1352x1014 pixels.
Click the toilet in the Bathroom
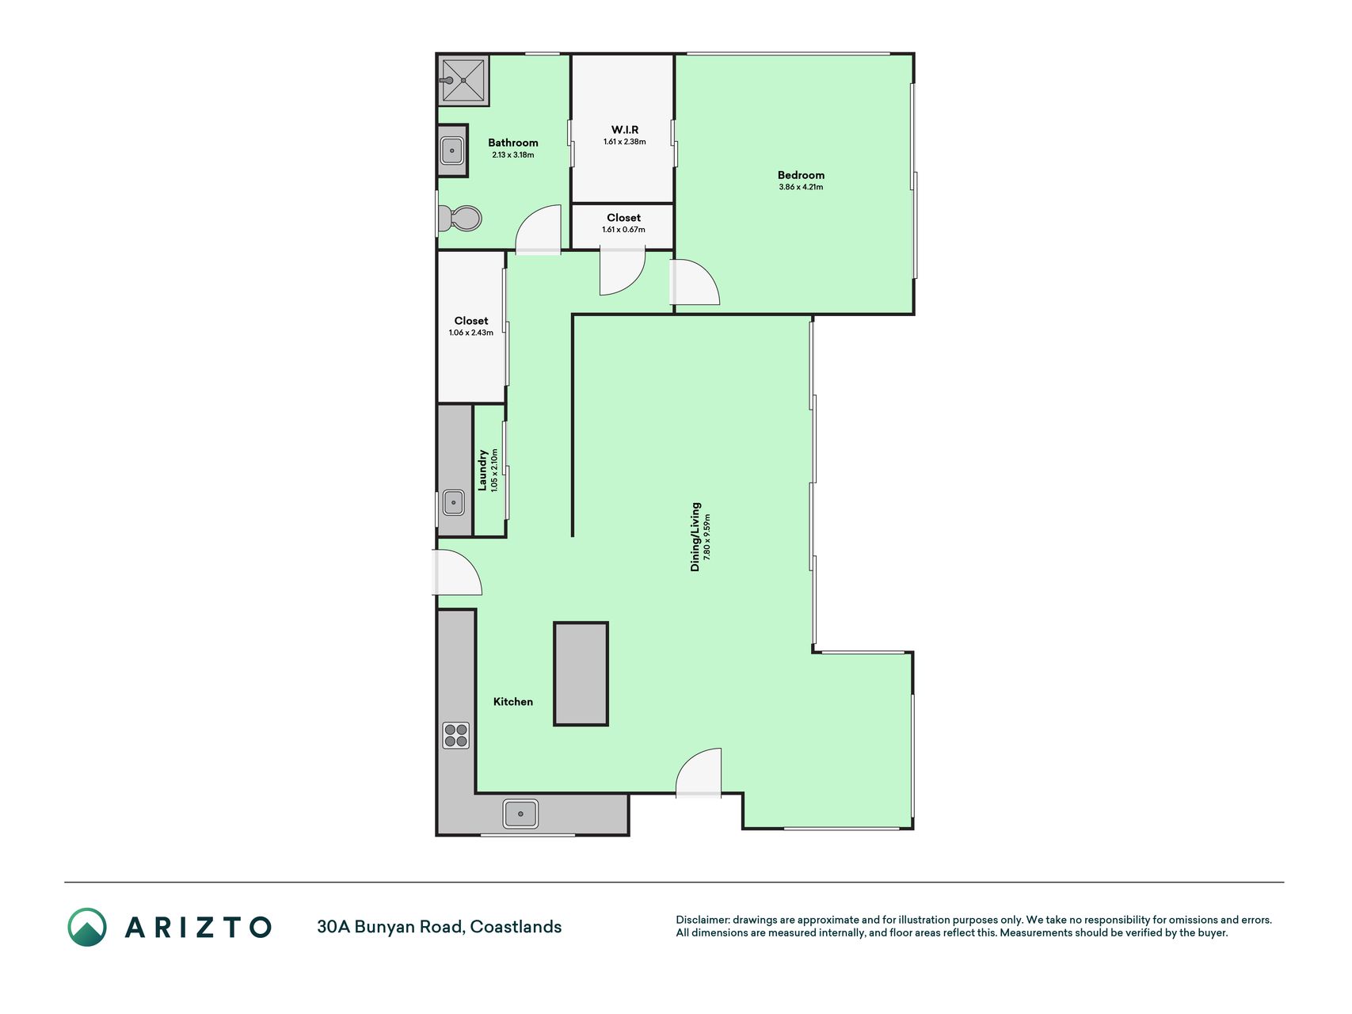pyautogui.click(x=460, y=218)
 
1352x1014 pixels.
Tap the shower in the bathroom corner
pyautogui.click(x=463, y=80)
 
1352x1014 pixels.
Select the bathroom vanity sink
pyautogui.click(x=452, y=151)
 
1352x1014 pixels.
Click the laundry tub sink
pyautogui.click(x=454, y=502)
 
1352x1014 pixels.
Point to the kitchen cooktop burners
pyautogui.click(x=455, y=735)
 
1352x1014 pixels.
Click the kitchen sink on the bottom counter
pyautogui.click(x=520, y=814)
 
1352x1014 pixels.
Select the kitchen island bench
pyautogui.click(x=581, y=673)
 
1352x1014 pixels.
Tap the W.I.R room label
pyautogui.click(x=625, y=129)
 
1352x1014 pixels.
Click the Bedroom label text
pyautogui.click(x=801, y=175)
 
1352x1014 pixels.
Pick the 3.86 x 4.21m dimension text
pyautogui.click(x=801, y=187)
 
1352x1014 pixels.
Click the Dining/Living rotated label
pyautogui.click(x=695, y=536)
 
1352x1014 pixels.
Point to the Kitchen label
pyautogui.click(x=513, y=701)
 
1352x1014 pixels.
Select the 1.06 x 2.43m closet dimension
pyautogui.click(x=471, y=333)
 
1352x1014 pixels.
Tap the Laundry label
pyautogui.click(x=482, y=471)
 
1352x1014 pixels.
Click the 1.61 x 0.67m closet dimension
pyautogui.click(x=624, y=230)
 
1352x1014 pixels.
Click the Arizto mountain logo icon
pyautogui.click(x=87, y=927)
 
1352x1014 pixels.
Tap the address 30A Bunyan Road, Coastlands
pyautogui.click(x=440, y=927)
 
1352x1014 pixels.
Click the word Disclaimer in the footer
pyautogui.click(x=702, y=920)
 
